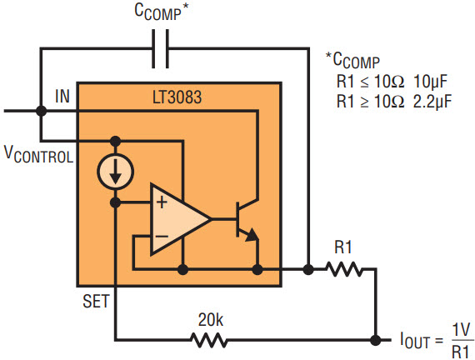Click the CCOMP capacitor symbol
click(160, 48)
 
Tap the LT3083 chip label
click(177, 97)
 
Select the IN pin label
click(62, 96)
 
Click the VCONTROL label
click(39, 155)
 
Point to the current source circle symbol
click(116, 172)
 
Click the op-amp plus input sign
click(162, 202)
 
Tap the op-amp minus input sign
click(162, 236)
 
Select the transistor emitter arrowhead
click(252, 235)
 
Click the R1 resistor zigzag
click(344, 269)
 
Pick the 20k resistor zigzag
click(209, 340)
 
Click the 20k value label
click(211, 320)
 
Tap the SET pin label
click(96, 301)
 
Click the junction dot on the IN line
click(41, 111)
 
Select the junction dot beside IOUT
click(375, 340)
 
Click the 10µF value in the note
click(430, 81)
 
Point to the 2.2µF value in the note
click(432, 101)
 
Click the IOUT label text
click(415, 341)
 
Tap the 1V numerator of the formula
click(461, 330)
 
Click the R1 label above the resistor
click(343, 247)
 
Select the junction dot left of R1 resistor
click(308, 269)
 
